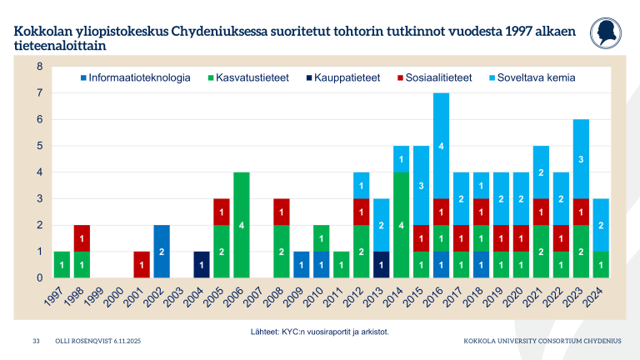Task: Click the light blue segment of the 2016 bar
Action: coord(441,146)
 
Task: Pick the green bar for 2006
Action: coord(240,224)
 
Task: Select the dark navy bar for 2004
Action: coord(200,264)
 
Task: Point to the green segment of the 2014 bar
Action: coord(401,224)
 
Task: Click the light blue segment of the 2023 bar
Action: coord(581,158)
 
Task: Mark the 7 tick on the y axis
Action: coord(39,92)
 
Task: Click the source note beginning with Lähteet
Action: coord(320,331)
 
